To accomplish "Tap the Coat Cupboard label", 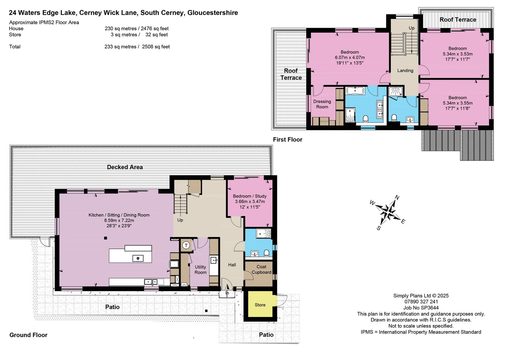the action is (x=261, y=270).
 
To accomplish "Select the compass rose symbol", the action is (x=388, y=212).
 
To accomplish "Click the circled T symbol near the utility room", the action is (x=186, y=245).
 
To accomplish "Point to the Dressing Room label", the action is (x=322, y=104).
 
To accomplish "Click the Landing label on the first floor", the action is (x=405, y=70).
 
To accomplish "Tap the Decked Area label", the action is (x=125, y=167).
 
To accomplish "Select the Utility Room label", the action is (x=200, y=270).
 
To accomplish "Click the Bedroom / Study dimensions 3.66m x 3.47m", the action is (x=250, y=201).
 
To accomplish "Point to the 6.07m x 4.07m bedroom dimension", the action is (x=350, y=57).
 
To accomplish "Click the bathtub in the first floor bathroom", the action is (x=355, y=91).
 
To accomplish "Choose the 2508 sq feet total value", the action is (x=156, y=47).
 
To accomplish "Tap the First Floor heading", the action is (x=288, y=140).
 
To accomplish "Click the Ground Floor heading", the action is (x=28, y=335).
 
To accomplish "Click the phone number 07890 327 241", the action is (x=421, y=302).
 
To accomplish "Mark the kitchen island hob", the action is (x=138, y=258).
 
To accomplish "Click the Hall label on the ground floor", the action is (x=232, y=265).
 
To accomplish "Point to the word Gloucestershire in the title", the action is (x=212, y=13).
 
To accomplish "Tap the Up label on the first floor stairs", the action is (x=412, y=28).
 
